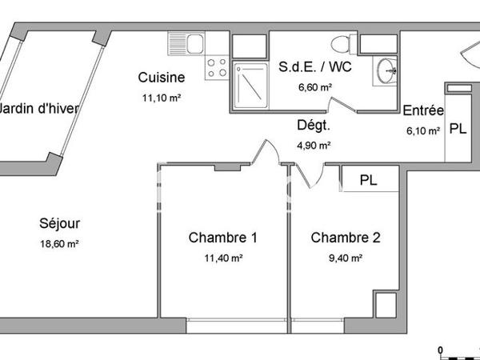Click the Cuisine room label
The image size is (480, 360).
tap(162, 78)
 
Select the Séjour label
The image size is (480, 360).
tap(61, 224)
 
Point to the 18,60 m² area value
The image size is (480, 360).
tap(61, 244)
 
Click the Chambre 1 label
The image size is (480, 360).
tap(222, 238)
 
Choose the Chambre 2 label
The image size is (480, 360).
tap(345, 238)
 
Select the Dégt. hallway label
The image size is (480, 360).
tap(314, 126)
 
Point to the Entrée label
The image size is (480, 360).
tap(423, 111)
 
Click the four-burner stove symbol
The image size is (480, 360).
tap(217, 68)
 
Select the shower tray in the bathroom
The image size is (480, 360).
tap(250, 86)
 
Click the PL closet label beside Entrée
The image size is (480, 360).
tap(458, 130)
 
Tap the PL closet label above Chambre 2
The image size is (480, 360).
tap(368, 180)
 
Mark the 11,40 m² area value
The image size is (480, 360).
tap(222, 258)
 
